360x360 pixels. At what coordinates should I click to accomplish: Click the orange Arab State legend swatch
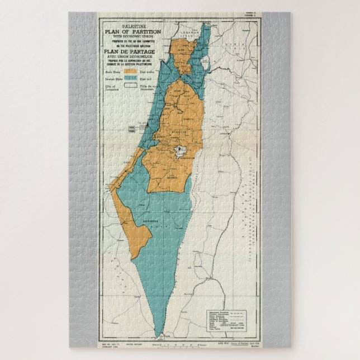coord(131,72)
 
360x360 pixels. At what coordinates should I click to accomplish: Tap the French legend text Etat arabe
coord(150,72)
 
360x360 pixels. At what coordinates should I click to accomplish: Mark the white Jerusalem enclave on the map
coord(180,149)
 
